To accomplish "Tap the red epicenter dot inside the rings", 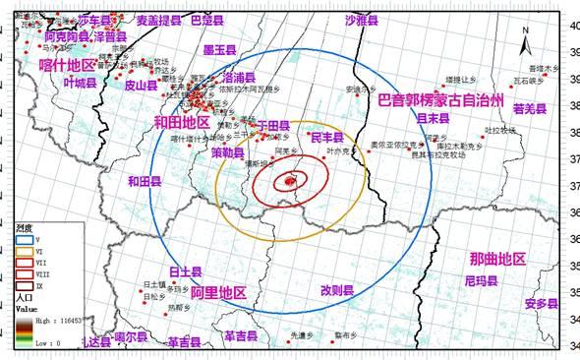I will tap(289, 180).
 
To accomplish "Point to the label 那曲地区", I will tap(497, 259).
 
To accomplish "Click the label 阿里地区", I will tap(218, 292).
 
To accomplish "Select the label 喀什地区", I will tap(68, 64).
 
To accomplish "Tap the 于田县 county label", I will tap(271, 125).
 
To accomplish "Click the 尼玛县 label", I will tap(481, 280).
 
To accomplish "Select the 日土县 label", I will tap(185, 271).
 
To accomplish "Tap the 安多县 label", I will tap(541, 303).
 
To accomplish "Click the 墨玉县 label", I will tap(219, 49).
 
